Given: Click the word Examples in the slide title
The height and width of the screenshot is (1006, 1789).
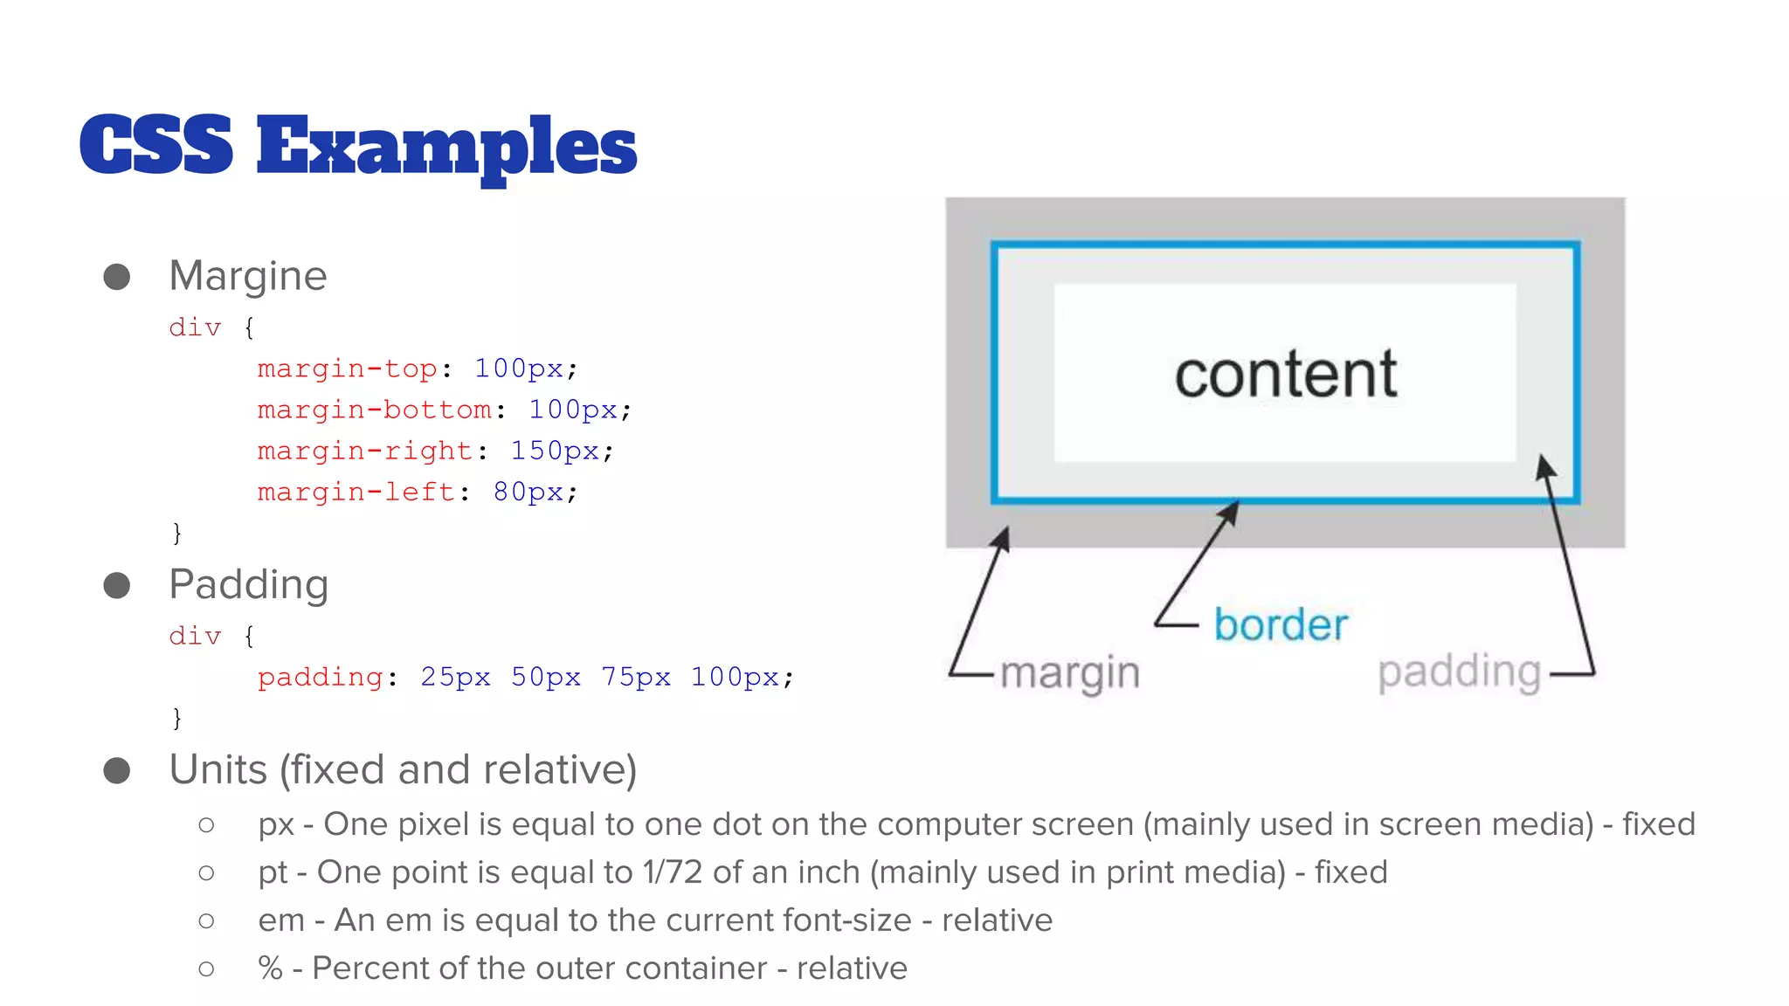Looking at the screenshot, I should pos(446,147).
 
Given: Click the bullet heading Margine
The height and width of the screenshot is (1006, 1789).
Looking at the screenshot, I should pos(248,276).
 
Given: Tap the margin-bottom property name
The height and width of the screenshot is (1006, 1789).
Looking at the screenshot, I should pos(374,410).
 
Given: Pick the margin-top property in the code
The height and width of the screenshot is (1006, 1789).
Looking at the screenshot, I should pos(347,369).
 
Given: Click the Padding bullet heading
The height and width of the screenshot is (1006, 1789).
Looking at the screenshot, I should pos(249,584).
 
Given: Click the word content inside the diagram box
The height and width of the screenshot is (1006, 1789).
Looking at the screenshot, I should pos(1285,374).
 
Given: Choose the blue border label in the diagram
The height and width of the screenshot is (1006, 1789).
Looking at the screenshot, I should pos(1281,625).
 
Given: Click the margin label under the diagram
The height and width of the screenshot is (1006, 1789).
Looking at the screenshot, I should pos(1070,673).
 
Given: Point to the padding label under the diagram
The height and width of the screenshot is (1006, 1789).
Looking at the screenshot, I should pos(1459,672).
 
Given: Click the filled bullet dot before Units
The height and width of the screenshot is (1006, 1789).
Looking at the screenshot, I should pos(117,770).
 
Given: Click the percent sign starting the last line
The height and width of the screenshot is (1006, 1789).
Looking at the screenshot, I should pos(271,968).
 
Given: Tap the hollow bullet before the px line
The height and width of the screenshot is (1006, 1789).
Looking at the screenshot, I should pos(206,825).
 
